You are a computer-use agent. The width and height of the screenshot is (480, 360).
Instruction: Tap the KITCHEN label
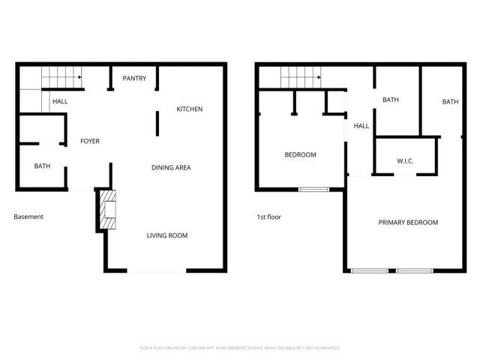coord(189,109)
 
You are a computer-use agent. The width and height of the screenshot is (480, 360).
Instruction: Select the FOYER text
coord(90,141)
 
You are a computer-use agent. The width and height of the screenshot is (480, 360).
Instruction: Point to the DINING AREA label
coord(171,167)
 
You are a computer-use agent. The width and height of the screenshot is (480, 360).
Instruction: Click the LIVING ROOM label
coord(166,235)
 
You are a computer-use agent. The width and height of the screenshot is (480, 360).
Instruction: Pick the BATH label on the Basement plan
coord(42,166)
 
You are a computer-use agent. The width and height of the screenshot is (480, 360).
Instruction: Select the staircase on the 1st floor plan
coord(300,76)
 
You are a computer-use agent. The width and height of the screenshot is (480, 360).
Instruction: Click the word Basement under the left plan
coord(28,217)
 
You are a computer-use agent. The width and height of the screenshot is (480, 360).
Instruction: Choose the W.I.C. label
coord(405,161)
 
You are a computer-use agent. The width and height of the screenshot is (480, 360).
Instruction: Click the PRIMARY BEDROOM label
coord(408,223)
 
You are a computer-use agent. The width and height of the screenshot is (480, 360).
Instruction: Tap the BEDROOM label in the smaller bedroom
coord(300,155)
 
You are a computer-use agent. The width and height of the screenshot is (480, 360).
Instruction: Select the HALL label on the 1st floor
coord(361,126)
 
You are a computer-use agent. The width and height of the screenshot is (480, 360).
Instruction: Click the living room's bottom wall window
coord(157,270)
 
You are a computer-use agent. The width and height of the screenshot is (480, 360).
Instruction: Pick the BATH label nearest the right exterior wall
coord(449,102)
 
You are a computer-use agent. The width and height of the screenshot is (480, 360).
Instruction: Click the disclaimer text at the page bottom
coord(240,348)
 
